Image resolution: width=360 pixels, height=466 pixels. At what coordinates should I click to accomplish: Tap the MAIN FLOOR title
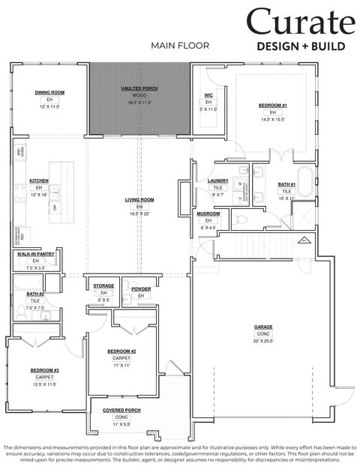(x=179, y=46)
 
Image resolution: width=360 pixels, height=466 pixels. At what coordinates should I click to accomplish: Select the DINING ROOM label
(x=49, y=92)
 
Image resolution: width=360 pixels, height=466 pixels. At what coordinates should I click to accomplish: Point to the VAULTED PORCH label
(x=139, y=88)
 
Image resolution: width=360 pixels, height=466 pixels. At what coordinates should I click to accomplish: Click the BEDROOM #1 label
(x=274, y=106)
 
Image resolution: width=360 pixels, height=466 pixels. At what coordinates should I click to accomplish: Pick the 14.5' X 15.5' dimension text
(x=274, y=119)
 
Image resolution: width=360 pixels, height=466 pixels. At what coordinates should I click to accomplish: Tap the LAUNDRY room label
(x=217, y=181)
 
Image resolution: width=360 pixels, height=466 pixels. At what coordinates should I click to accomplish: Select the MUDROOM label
(x=208, y=214)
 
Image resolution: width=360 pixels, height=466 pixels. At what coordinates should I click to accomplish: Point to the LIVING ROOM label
(x=139, y=200)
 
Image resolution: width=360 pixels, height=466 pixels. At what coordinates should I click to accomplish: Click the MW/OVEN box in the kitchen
(x=21, y=152)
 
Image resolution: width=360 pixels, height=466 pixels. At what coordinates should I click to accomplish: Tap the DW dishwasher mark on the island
(x=55, y=207)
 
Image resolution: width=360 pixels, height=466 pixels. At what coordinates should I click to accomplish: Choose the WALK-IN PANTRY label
(x=35, y=254)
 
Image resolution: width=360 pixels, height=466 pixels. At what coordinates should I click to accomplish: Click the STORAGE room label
(x=103, y=286)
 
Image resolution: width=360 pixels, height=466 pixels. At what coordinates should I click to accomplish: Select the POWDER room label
(x=141, y=288)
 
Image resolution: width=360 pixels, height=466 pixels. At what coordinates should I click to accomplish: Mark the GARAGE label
(x=262, y=327)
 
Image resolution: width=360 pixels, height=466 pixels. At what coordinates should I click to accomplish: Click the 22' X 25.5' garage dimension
(x=262, y=341)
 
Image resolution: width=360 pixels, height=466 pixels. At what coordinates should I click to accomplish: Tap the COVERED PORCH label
(x=121, y=410)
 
